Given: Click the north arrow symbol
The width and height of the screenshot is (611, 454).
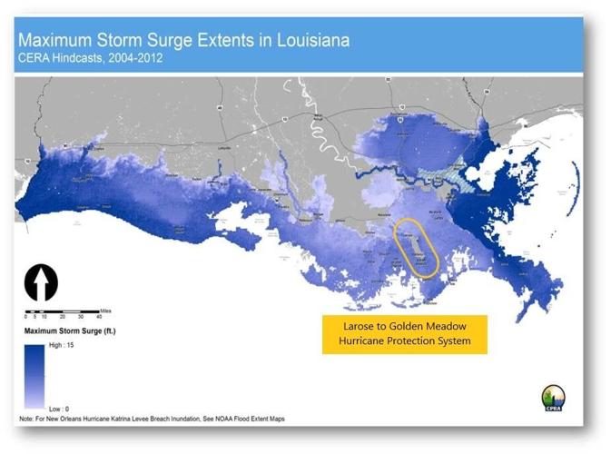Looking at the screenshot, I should [41, 281].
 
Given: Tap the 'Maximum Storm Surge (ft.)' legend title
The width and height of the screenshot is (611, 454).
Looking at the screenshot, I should [68, 331].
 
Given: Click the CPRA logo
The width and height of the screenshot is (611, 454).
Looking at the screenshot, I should [553, 399].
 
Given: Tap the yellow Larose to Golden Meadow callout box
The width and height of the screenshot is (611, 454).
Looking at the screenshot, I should [404, 335].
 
